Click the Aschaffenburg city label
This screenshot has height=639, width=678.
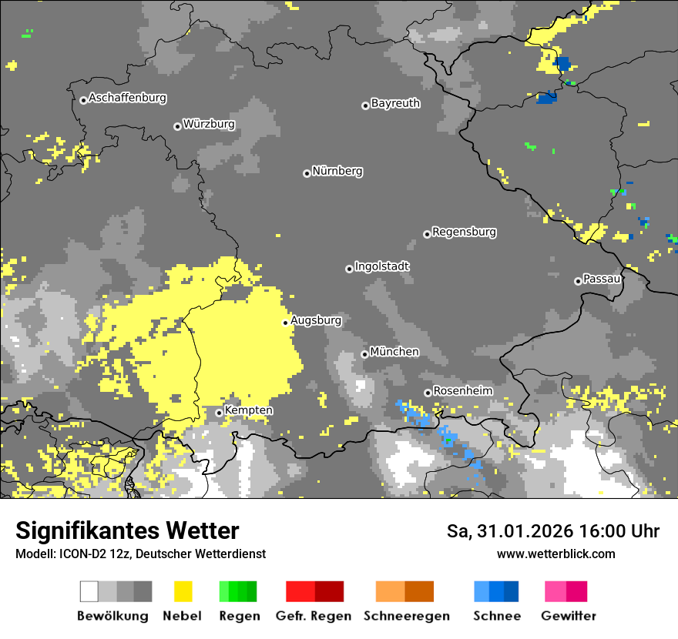click(127, 99)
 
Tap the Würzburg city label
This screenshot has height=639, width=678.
click(209, 125)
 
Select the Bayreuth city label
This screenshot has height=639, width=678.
click(395, 103)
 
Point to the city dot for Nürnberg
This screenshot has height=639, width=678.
click(307, 173)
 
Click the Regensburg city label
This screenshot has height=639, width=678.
click(464, 232)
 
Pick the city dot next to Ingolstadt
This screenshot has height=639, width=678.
click(349, 269)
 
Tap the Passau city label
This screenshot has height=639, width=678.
click(602, 279)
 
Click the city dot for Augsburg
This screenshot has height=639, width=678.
click(285, 323)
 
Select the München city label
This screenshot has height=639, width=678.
click(394, 352)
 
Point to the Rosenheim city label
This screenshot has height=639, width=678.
click(462, 391)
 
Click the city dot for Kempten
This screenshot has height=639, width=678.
click(219, 413)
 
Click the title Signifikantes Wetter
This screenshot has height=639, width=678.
click(127, 531)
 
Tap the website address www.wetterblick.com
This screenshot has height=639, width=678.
click(555, 554)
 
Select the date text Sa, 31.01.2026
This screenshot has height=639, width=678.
click(507, 531)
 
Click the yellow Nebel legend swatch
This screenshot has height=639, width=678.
click(183, 591)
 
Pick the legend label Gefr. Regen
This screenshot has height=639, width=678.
click(314, 616)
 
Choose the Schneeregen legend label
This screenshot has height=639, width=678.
click(407, 616)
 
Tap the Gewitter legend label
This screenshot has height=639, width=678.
click(569, 616)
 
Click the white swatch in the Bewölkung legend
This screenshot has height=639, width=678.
click(89, 591)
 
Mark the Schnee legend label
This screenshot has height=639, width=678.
click(497, 616)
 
